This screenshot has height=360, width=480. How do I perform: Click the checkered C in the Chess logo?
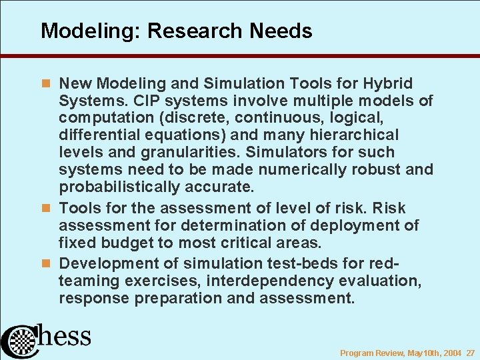[20, 340]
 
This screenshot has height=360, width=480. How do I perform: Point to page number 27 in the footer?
[471, 353]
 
